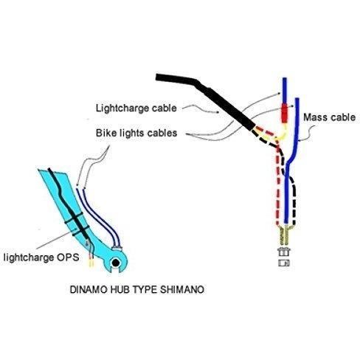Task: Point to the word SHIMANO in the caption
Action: click(182, 289)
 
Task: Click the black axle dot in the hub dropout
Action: click(116, 263)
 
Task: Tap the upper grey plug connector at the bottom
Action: click(284, 252)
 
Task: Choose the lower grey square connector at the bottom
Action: click(284, 263)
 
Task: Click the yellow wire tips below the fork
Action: click(91, 264)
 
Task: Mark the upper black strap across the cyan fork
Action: click(74, 218)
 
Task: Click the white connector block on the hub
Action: click(117, 249)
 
